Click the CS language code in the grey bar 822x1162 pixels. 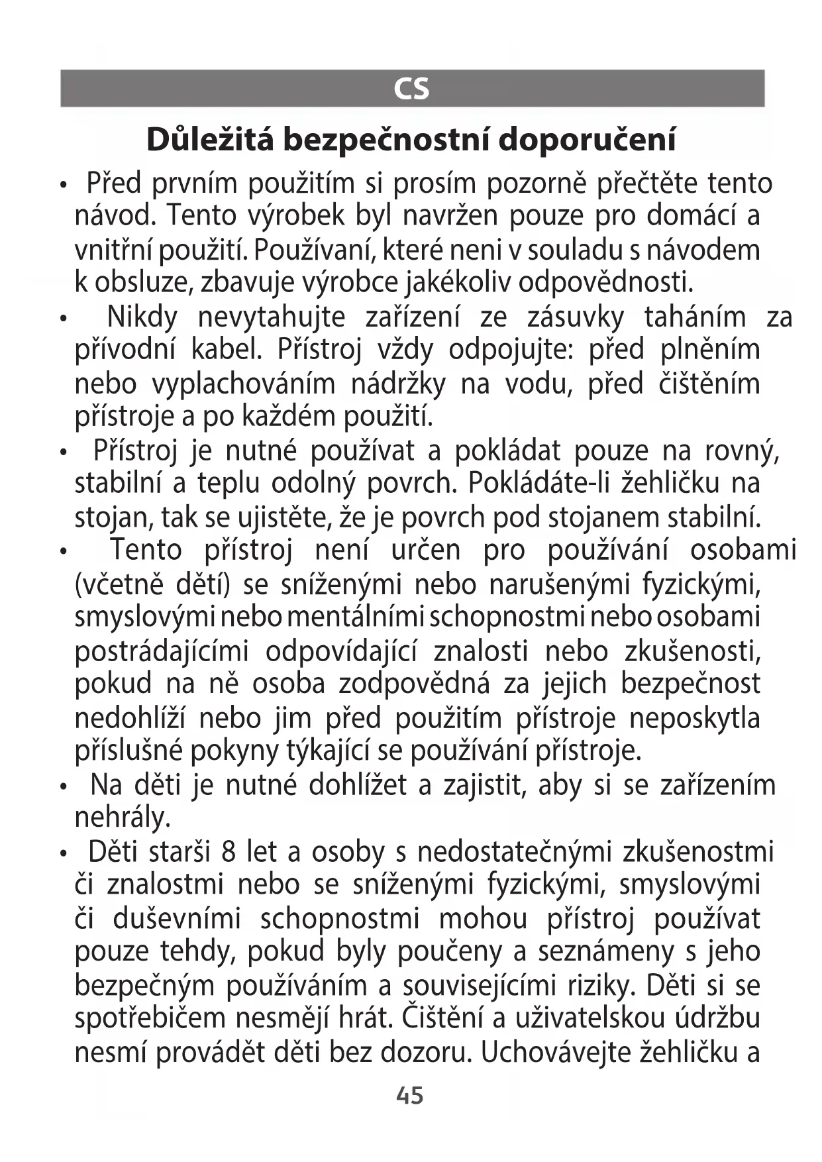(x=411, y=88)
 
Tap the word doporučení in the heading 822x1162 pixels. (x=587, y=140)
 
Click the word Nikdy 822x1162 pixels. (x=142, y=317)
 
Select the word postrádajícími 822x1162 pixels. (x=162, y=652)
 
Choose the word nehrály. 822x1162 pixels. (x=123, y=818)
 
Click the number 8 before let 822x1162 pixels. (x=229, y=851)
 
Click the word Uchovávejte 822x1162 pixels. (x=554, y=1053)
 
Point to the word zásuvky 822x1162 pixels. (x=576, y=317)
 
